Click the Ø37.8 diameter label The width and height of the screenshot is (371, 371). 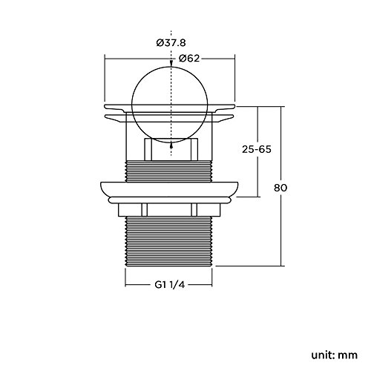(x=171, y=43)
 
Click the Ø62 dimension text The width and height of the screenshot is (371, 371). (x=189, y=59)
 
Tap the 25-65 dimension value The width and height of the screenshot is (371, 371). (x=257, y=149)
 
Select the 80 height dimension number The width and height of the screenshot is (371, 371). (x=280, y=188)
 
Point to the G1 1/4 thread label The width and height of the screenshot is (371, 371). (x=170, y=285)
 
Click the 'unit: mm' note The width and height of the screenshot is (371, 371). (x=335, y=355)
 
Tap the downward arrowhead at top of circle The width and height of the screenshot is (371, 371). (x=171, y=65)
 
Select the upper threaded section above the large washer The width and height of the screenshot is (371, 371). (x=169, y=171)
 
